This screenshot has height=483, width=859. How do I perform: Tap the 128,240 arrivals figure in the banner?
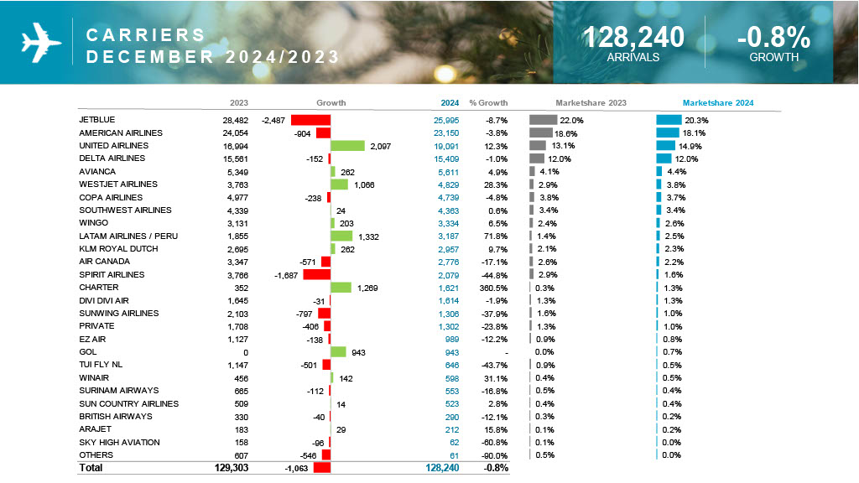[633, 37]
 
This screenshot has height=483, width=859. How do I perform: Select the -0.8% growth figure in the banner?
[773, 37]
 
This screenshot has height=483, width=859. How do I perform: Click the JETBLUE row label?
[97, 120]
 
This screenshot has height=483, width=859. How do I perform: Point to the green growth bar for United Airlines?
[348, 146]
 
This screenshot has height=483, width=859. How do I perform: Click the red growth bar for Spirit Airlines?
[317, 274]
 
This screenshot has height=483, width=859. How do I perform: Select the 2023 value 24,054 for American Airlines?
[235, 132]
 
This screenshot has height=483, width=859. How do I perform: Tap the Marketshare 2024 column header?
[717, 103]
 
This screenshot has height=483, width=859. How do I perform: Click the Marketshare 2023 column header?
[591, 103]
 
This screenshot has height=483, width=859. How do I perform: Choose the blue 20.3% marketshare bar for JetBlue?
[669, 120]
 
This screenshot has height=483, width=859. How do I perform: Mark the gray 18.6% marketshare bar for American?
[540, 132]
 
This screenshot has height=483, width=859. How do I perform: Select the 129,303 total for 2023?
[231, 468]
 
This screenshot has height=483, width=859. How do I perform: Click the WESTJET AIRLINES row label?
[117, 184]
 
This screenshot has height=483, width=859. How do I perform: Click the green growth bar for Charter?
[341, 288]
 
